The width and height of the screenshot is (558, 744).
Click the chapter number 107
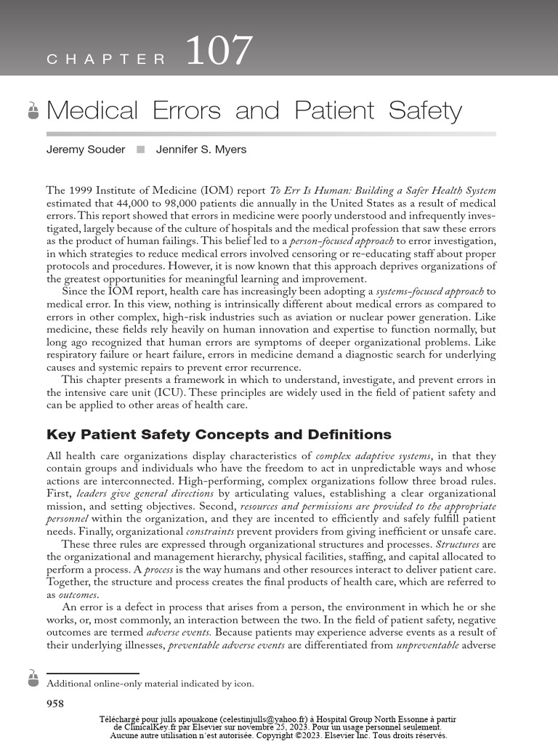point(219,52)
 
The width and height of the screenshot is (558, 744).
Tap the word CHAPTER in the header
point(107,60)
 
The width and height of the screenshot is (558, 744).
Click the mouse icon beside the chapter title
point(33,110)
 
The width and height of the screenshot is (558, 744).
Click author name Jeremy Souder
point(85,150)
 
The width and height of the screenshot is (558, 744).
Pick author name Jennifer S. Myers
point(201,150)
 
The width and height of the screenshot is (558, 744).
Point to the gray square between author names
point(140,150)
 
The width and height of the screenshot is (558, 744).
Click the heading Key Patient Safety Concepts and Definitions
point(219,434)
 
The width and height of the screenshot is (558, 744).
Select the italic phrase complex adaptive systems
point(373,456)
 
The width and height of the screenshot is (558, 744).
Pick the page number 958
point(55,703)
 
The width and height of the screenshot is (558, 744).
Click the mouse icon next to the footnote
point(33,679)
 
